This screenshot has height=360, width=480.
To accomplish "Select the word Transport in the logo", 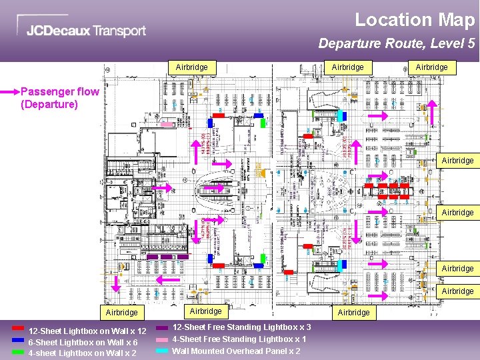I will pos(119,31).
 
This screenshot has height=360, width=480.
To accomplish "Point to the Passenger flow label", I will pos(60,92).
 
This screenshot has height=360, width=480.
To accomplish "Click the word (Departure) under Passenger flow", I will pos(49,105).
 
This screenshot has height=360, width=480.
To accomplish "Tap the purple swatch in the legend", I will pos(162,327).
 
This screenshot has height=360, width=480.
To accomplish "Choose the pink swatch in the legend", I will pos(162,339).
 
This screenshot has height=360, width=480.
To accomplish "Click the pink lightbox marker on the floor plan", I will pos(167,124).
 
